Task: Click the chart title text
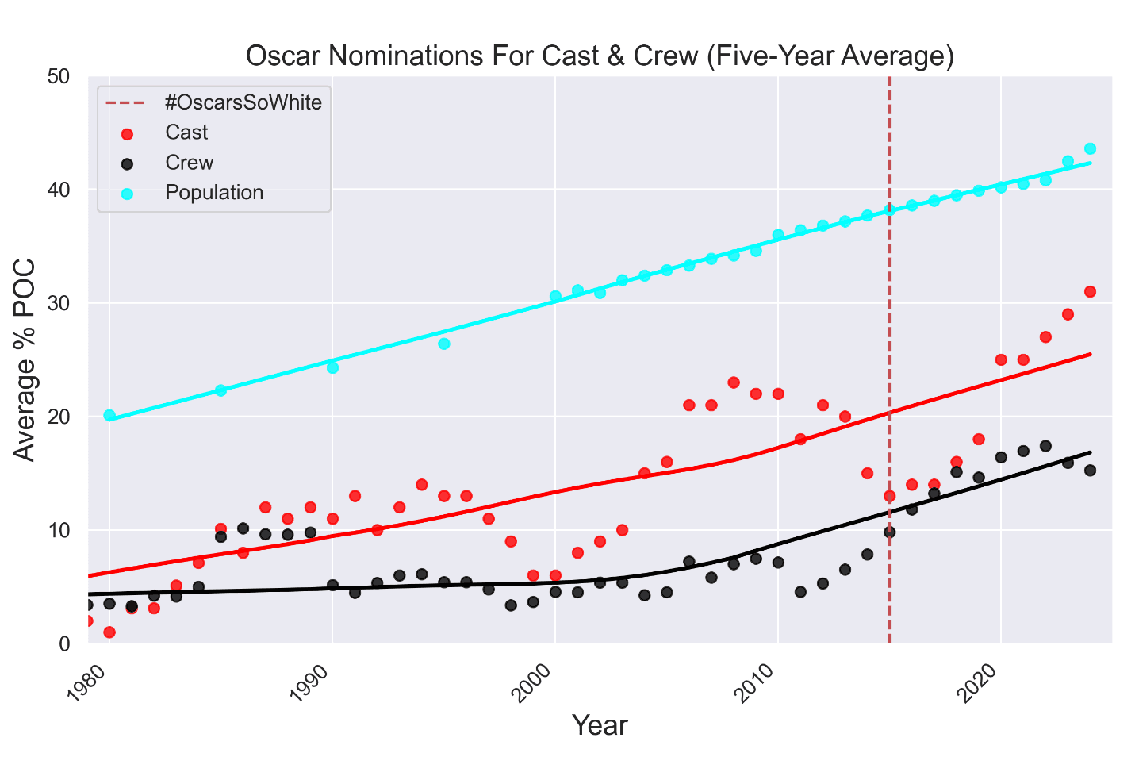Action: pos(599,56)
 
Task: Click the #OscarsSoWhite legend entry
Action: pos(243,102)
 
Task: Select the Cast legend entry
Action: pos(186,133)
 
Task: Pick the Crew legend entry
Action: pos(189,163)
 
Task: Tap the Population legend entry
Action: pos(214,193)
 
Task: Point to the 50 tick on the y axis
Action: pos(59,77)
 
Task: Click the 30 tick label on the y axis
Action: pos(59,304)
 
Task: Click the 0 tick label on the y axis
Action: pos(64,644)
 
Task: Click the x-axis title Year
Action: pos(600,725)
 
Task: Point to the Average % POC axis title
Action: pos(25,359)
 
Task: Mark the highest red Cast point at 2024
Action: pos(1090,291)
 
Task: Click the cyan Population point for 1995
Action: pos(444,344)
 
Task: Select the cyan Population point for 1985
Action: pos(221,390)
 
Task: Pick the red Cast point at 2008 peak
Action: pos(734,382)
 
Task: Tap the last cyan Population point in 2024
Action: pos(1090,148)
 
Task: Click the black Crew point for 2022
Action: pos(1045,446)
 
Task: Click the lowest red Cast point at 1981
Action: pos(109,632)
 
